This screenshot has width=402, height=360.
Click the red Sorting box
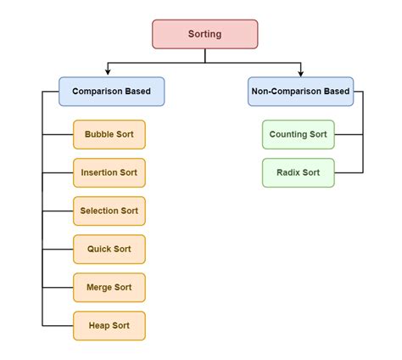coord(204,35)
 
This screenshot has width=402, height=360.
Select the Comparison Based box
coord(111,91)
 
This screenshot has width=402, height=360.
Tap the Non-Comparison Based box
coord(300,91)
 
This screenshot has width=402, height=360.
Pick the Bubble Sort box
coord(109,134)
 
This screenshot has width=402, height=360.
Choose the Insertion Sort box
coord(109,172)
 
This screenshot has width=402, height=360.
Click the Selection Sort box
coord(109,211)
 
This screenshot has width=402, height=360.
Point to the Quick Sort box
coord(109,249)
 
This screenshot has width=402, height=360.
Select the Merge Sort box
coord(109,287)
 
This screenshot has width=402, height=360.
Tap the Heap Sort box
coord(109,325)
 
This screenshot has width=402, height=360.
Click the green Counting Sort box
coord(299,134)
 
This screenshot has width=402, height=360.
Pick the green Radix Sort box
coord(299,172)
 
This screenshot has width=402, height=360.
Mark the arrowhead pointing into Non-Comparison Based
coord(300,74)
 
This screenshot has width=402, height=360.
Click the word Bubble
coord(98,134)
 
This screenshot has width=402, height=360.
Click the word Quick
coord(99,249)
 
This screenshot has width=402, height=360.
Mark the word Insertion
coord(99,172)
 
